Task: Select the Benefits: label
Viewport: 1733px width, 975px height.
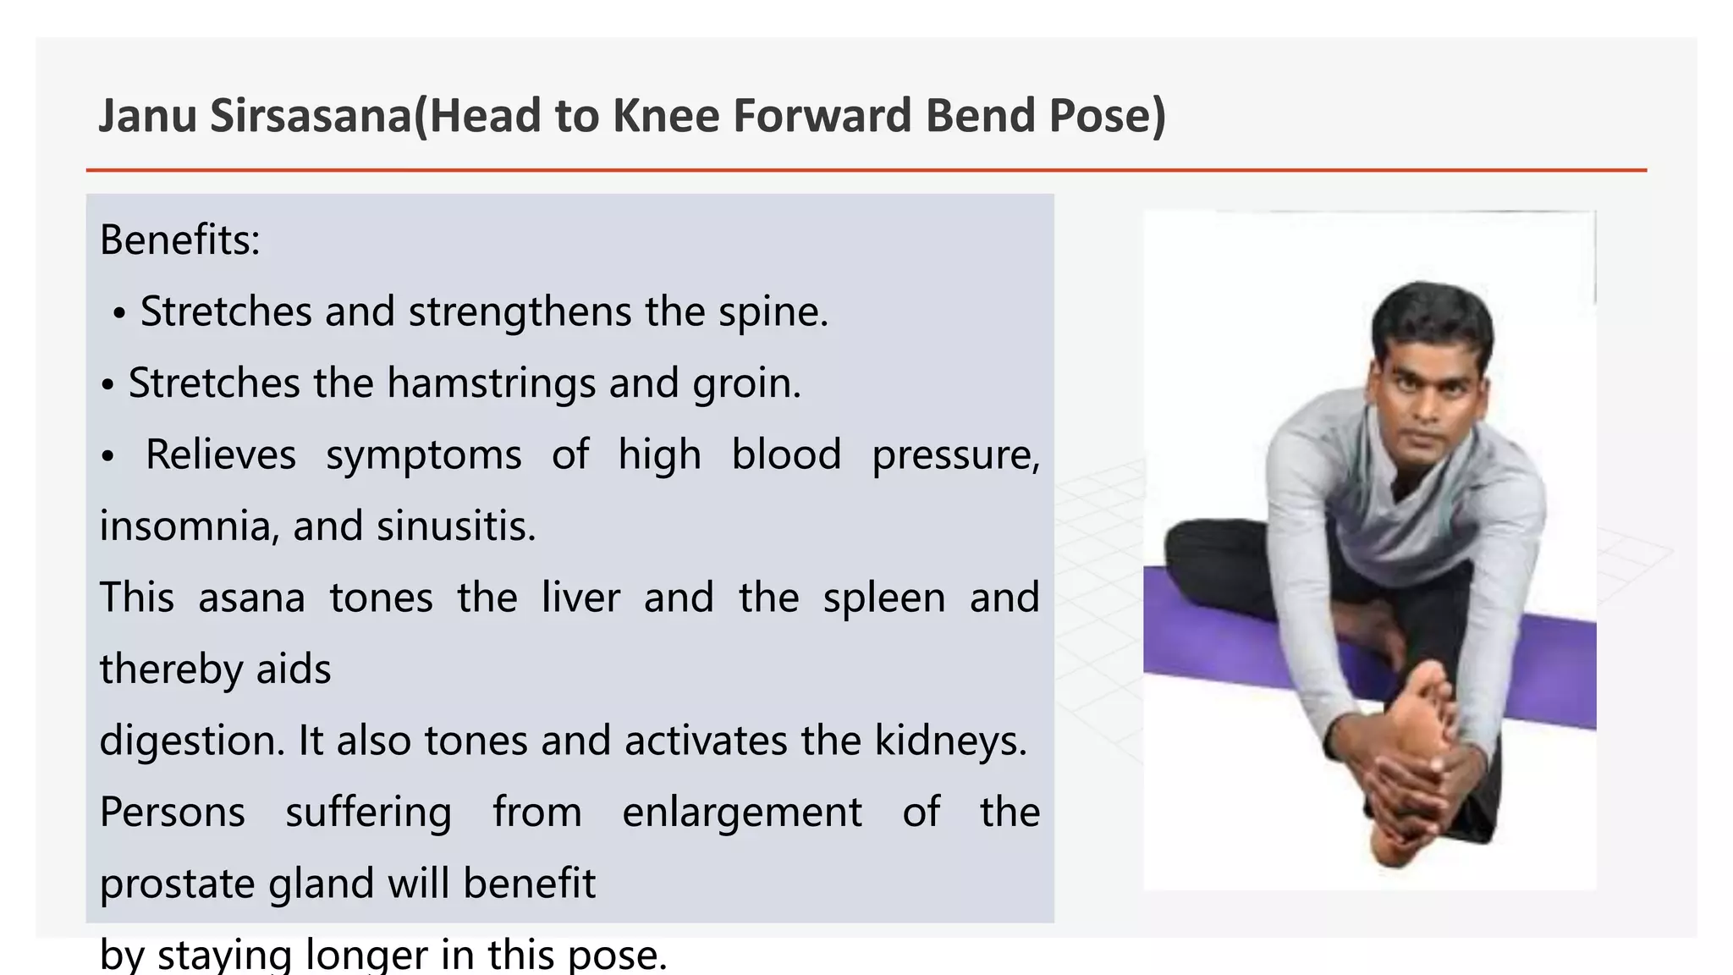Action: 179,240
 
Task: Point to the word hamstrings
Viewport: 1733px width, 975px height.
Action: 491,384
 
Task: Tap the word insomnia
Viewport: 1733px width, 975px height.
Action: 184,526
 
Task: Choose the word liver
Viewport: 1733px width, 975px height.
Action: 580,598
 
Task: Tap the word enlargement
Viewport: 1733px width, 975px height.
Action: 741,812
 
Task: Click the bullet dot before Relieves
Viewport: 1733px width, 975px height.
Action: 107,457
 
